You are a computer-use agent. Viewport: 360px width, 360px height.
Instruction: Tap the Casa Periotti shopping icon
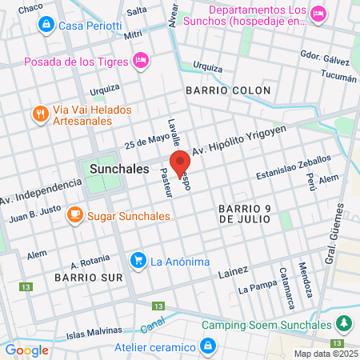point(47,26)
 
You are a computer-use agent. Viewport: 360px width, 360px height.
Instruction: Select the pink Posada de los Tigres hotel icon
point(142,59)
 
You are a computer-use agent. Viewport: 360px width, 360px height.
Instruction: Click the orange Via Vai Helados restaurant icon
point(40,114)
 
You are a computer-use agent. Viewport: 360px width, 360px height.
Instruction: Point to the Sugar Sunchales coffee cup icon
point(74,216)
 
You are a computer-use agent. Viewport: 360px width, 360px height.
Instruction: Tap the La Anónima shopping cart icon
point(138,260)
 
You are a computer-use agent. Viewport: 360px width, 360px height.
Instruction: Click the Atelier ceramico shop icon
point(208,346)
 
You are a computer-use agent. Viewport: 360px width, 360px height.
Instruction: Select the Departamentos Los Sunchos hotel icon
point(318,12)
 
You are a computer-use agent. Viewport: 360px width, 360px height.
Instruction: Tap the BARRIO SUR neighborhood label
point(88,277)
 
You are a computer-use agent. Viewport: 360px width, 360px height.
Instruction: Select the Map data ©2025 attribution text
point(326,354)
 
